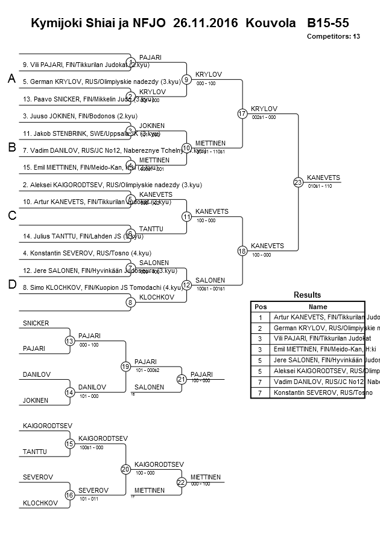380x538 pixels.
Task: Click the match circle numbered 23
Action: [298, 182]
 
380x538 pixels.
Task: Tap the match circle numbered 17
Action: [242, 114]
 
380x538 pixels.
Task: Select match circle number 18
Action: [242, 250]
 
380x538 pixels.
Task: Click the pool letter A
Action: [11, 79]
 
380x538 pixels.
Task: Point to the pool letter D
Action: [11, 285]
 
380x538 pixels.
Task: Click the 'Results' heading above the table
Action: [307, 295]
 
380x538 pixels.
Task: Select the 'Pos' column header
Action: [260, 307]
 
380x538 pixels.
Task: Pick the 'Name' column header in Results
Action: [317, 307]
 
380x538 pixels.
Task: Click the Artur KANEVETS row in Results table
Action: [318, 318]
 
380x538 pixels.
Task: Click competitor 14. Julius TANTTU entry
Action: [78, 236]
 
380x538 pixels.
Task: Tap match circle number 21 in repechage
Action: [182, 379]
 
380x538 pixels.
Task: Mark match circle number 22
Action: [182, 482]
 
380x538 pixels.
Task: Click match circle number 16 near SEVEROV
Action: [69, 495]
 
